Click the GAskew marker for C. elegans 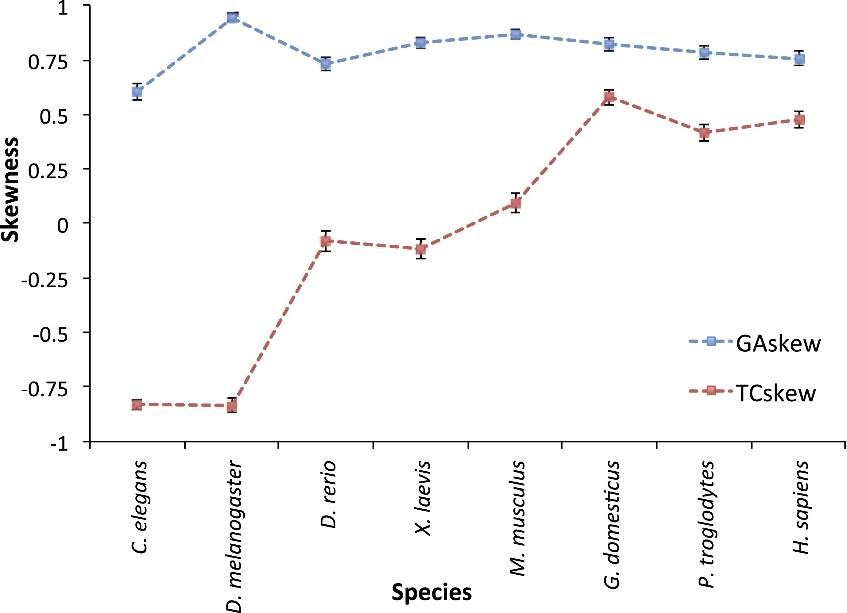coord(137,91)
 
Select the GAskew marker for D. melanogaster coord(232,17)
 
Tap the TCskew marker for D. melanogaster coord(232,406)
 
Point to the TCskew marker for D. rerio coord(326,241)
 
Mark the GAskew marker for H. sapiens coord(799,59)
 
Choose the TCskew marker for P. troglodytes coord(704,132)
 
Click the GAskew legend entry coord(754,343)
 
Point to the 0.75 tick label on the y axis coord(48,62)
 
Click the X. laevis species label coord(423,498)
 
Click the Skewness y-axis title coord(10,190)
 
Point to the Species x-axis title coord(431,592)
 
